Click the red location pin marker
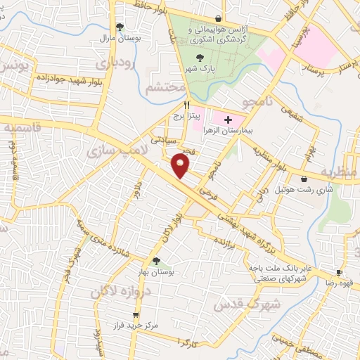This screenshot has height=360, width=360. pos(182,166)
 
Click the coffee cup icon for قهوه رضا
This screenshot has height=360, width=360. pos(339,272)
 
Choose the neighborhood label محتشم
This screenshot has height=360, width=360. pos(167,89)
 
